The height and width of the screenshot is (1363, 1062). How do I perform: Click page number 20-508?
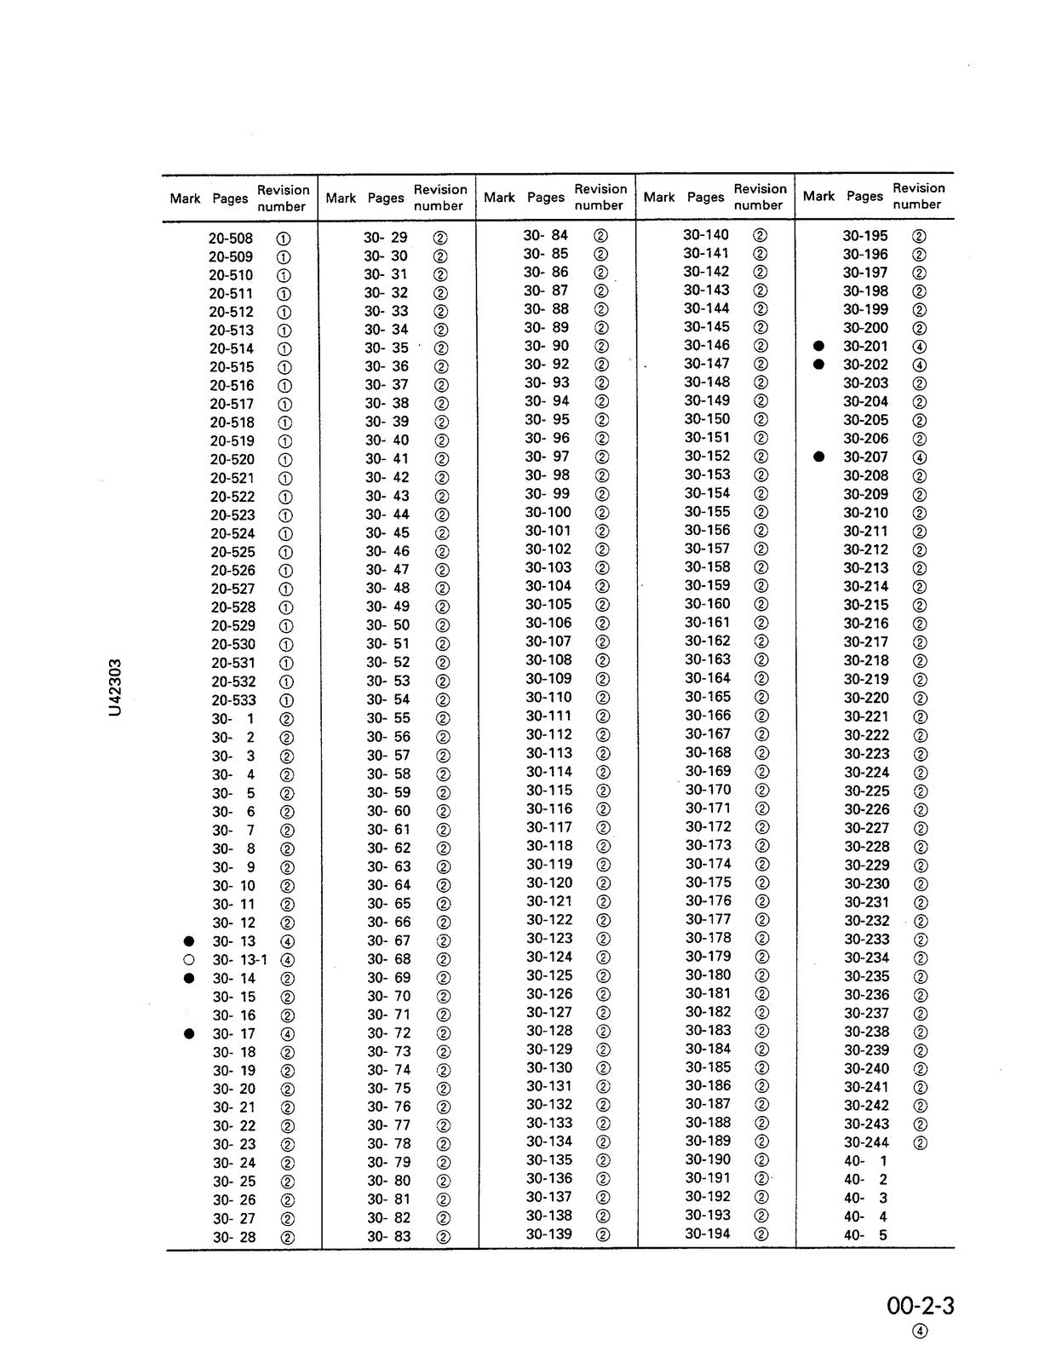[231, 239]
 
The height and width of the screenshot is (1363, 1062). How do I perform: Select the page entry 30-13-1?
[239, 960]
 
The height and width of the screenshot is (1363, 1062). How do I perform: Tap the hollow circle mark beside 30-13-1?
[189, 960]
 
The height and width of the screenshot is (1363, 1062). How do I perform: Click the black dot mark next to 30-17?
[189, 1033]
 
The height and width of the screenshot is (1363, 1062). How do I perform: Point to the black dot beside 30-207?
[819, 457]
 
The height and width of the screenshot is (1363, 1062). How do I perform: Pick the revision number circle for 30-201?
[920, 347]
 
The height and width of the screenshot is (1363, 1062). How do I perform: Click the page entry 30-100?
[548, 512]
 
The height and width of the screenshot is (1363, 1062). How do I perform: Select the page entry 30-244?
[866, 1142]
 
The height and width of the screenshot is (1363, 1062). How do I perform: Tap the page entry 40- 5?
[865, 1235]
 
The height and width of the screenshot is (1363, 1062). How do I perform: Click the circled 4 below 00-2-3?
[920, 1333]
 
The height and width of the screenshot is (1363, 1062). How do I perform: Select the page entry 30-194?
[707, 1234]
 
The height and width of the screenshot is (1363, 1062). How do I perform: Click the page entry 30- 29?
[386, 238]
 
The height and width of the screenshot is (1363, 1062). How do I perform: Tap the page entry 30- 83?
[388, 1236]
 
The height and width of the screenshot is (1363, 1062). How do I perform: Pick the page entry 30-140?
[706, 234]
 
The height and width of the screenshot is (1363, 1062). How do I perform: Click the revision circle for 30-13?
[288, 941]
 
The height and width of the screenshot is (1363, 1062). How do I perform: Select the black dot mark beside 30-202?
[819, 364]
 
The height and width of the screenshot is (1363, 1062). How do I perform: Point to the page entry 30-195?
[865, 235]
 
